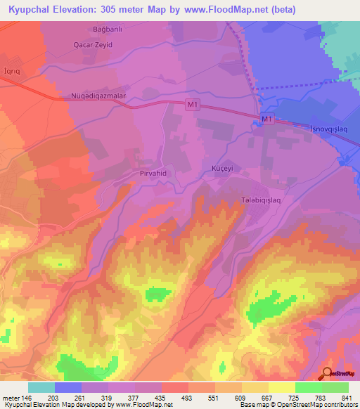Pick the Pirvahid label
click(149, 171)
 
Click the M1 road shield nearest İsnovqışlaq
click(266, 121)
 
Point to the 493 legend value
click(188, 397)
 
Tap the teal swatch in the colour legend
click(41, 387)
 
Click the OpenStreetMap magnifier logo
click(328, 374)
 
